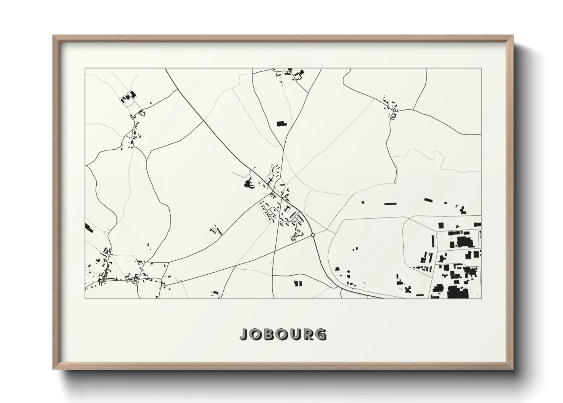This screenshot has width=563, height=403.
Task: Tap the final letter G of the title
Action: tap(321, 334)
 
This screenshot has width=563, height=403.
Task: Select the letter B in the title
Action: tap(269, 334)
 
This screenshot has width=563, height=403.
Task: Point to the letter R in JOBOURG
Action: tap(308, 334)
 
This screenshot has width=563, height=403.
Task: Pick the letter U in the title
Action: tap(295, 334)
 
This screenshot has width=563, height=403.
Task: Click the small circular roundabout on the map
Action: tap(313, 235)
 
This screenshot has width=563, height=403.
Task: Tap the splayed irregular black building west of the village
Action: tap(250, 185)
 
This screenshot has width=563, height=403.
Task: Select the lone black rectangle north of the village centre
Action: tap(281, 123)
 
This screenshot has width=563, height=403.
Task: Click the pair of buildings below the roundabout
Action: tap(298, 283)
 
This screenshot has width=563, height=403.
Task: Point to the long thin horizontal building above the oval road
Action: tap(390, 204)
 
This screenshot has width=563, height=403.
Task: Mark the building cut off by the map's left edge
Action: tap(88, 228)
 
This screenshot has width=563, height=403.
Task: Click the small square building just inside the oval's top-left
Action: tap(362, 202)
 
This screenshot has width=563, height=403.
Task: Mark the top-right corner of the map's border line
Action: tap(481, 69)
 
